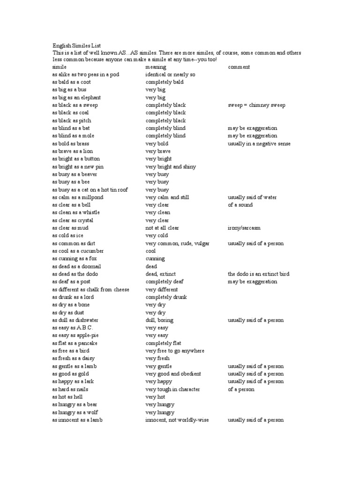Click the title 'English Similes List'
[77, 46]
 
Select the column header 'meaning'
[156, 67]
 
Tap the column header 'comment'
[239, 67]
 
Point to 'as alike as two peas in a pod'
[86, 75]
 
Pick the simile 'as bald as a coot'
[72, 82]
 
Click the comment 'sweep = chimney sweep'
[256, 105]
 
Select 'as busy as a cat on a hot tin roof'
[90, 190]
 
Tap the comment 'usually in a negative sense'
[259, 143]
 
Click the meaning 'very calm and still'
[167, 197]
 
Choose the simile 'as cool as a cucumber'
[78, 251]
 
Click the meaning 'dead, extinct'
[161, 274]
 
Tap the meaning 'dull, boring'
[160, 320]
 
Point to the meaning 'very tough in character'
[172, 389]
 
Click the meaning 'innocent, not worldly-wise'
[177, 420]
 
